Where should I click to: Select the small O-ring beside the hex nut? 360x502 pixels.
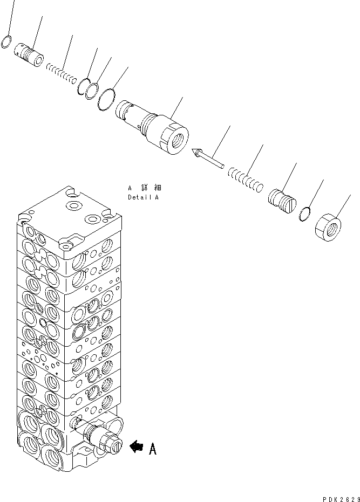pos(306,214)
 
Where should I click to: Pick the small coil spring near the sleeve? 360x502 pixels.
pos(61,73)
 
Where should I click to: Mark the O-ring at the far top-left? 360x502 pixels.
pos(6,42)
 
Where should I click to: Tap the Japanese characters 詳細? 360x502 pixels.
pos(154,188)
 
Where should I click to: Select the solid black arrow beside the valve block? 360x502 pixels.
pos(136,446)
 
